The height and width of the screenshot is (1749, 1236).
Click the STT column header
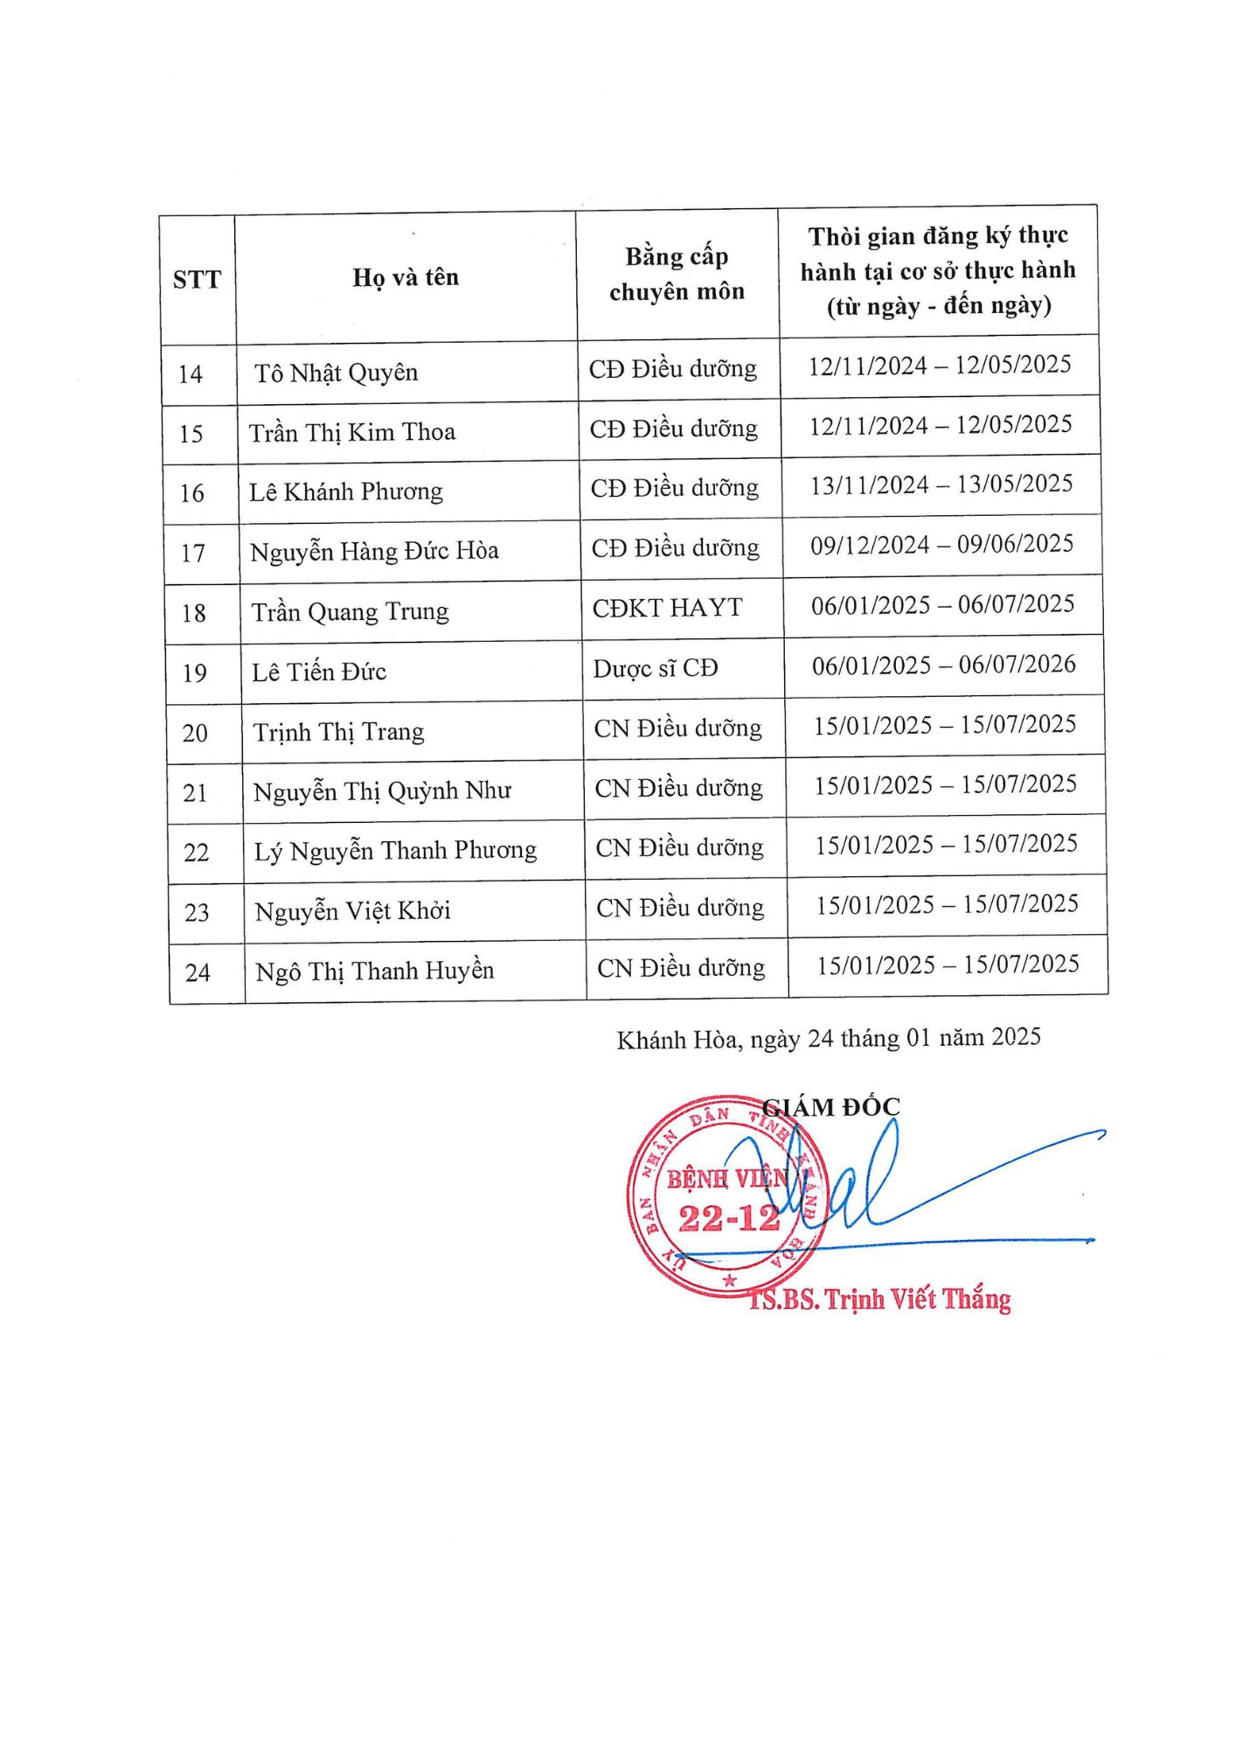197,280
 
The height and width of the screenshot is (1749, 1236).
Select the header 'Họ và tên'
406,278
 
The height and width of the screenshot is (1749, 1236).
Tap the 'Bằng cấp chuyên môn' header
677,274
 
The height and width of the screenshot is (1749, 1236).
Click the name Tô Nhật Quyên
337,373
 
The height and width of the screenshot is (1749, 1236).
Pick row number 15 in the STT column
191,434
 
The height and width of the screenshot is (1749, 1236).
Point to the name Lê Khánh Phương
346,492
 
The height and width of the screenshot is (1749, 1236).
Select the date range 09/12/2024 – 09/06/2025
941,545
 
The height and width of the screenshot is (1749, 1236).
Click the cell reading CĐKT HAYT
668,608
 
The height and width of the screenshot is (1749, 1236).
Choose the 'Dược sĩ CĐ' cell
656,669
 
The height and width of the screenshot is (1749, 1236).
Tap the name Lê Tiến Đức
319,672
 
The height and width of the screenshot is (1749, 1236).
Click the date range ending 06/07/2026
943,665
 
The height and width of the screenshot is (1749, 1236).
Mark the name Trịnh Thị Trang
338,732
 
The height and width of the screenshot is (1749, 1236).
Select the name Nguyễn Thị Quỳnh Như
382,791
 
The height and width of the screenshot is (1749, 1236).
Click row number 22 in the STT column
197,853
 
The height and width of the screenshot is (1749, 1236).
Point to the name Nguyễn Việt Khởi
352,911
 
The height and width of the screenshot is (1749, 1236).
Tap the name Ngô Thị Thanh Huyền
374,972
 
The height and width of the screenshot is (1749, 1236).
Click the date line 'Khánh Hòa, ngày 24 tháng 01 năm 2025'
829,1039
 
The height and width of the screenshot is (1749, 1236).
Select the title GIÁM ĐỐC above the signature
831,1107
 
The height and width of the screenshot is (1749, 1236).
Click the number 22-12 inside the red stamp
728,1218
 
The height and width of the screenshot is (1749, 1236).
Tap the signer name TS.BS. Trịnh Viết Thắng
880,1300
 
